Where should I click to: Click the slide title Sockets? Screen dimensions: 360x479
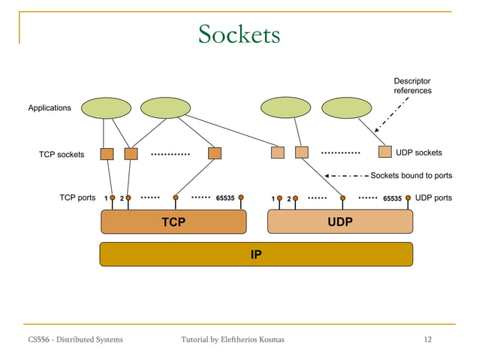(x=239, y=34)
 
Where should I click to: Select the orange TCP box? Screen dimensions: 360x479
(x=173, y=222)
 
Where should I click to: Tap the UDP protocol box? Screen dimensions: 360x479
(x=340, y=222)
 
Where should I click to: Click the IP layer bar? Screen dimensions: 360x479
(x=256, y=254)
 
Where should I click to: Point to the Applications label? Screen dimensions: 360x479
(x=50, y=108)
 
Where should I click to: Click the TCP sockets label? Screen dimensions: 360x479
(x=62, y=155)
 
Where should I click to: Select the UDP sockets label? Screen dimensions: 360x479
(x=418, y=153)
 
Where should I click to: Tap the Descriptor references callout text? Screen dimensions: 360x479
(x=412, y=86)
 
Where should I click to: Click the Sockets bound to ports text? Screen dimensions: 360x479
(x=411, y=176)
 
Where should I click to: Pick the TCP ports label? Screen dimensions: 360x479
(x=77, y=198)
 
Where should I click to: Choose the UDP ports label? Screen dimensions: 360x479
(x=433, y=198)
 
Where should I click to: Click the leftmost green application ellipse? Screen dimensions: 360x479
(x=107, y=108)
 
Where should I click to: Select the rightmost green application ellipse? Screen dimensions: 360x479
(x=347, y=108)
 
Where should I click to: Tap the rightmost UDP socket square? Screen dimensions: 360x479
(x=385, y=152)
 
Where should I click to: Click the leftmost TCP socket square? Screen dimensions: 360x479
(x=107, y=153)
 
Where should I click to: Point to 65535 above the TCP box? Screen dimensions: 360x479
(x=225, y=198)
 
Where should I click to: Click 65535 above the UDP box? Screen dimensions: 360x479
(x=392, y=198)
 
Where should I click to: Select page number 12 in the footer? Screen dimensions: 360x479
(x=428, y=340)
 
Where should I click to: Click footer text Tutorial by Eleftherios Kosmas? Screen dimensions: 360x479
(x=233, y=340)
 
